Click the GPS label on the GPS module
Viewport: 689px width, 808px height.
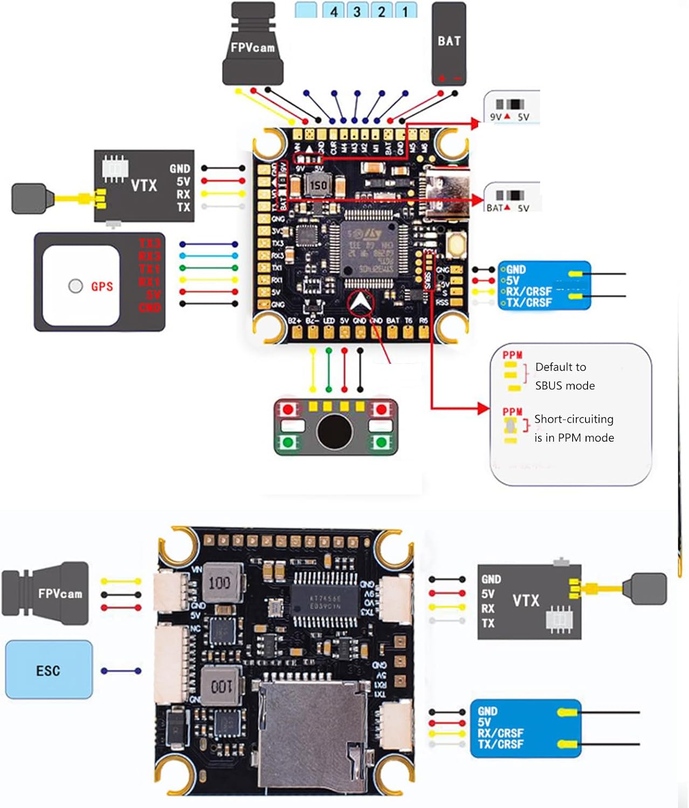coord(102,286)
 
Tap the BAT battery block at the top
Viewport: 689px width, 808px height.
coord(449,43)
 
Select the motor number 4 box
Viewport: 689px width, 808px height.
coord(334,11)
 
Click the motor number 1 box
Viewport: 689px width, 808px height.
coord(405,11)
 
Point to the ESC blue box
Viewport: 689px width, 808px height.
coord(49,670)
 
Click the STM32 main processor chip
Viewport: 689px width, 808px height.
coord(369,249)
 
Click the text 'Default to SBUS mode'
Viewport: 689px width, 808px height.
coord(564,376)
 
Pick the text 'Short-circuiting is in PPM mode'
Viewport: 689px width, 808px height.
coord(574,428)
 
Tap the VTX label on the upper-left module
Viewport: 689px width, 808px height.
coord(143,186)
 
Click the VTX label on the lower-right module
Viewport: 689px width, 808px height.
coord(526,600)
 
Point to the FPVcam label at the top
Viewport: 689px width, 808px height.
coord(252,47)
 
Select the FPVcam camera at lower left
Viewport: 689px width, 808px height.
coord(46,594)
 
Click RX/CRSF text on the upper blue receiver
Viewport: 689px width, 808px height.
coord(529,291)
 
